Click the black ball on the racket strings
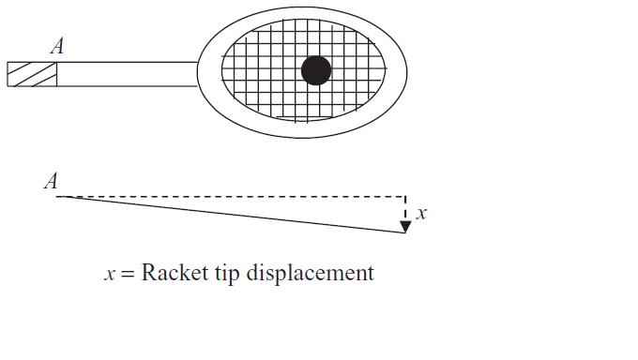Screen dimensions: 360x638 [x=316, y=70]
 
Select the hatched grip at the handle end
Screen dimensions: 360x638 [x=31, y=74]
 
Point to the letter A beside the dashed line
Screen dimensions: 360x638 [x=51, y=182]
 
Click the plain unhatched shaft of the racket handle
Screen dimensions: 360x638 [x=127, y=74]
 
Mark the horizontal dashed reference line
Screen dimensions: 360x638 [x=235, y=197]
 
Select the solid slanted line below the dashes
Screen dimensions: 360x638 [x=235, y=215]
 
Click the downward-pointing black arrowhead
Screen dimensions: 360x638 [x=405, y=227]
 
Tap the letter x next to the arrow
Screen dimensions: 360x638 [x=421, y=214]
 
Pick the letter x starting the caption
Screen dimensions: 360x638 [x=109, y=274]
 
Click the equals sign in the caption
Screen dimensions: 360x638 [x=128, y=274]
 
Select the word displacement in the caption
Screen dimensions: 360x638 [x=310, y=274]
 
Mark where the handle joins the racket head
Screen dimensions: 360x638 [x=199, y=74]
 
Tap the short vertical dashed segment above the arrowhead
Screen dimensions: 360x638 [x=405, y=210]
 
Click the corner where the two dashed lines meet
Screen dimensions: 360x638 [x=405, y=197]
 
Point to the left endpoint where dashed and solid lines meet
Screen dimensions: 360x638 [x=58, y=197]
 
